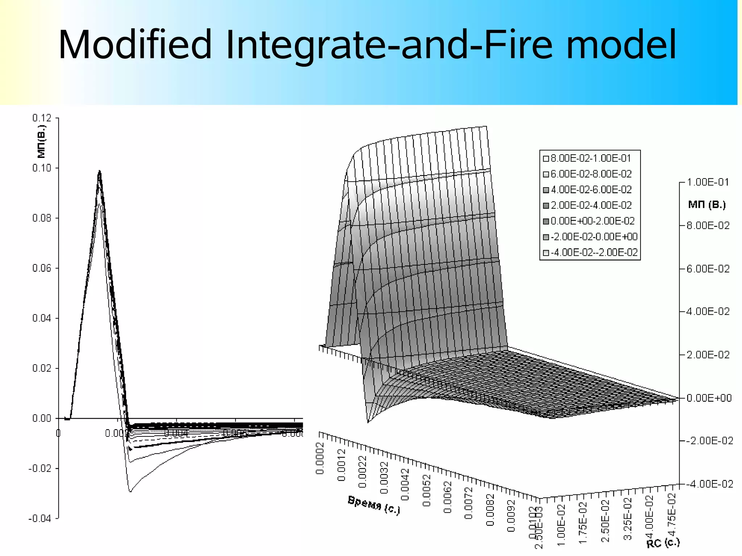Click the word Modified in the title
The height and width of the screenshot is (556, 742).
135,45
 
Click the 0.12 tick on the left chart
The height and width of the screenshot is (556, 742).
42,118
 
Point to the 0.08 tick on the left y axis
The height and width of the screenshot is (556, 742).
42,218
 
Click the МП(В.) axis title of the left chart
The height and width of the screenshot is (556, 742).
42,142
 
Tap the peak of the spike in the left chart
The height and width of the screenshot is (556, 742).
100,171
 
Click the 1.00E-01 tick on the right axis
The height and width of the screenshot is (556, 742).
708,182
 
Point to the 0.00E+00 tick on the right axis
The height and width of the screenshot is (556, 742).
709,398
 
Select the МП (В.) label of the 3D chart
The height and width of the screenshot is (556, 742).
707,205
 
